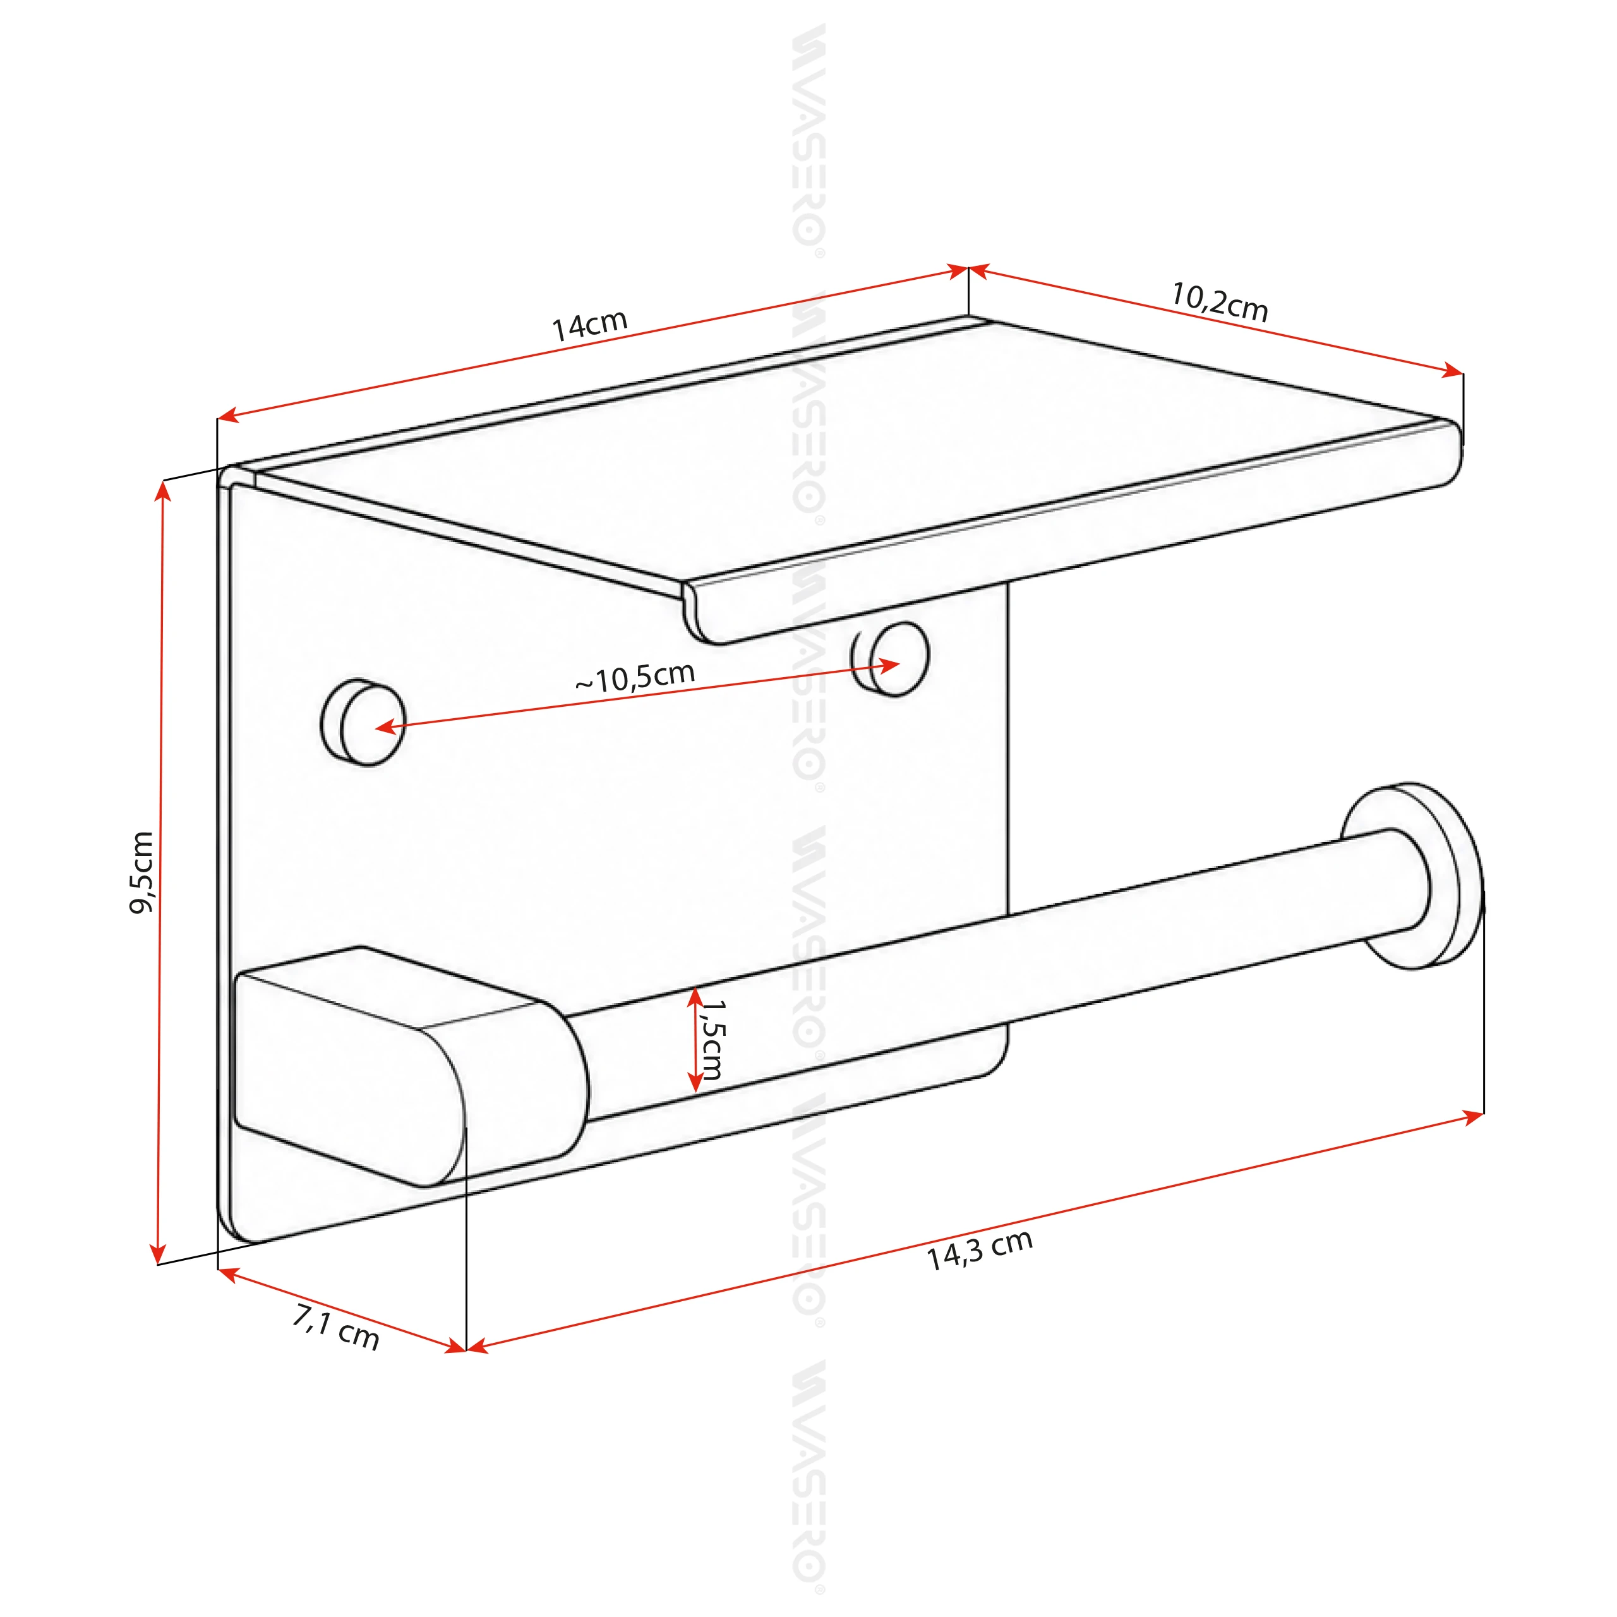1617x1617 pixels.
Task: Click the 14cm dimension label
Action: [589, 325]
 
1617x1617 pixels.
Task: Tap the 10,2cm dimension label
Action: [1220, 302]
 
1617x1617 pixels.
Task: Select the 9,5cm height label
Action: [141, 873]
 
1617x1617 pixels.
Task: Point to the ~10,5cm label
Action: [635, 677]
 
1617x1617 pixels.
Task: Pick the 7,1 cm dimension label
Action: [335, 1328]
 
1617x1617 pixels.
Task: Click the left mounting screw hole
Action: [363, 723]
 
